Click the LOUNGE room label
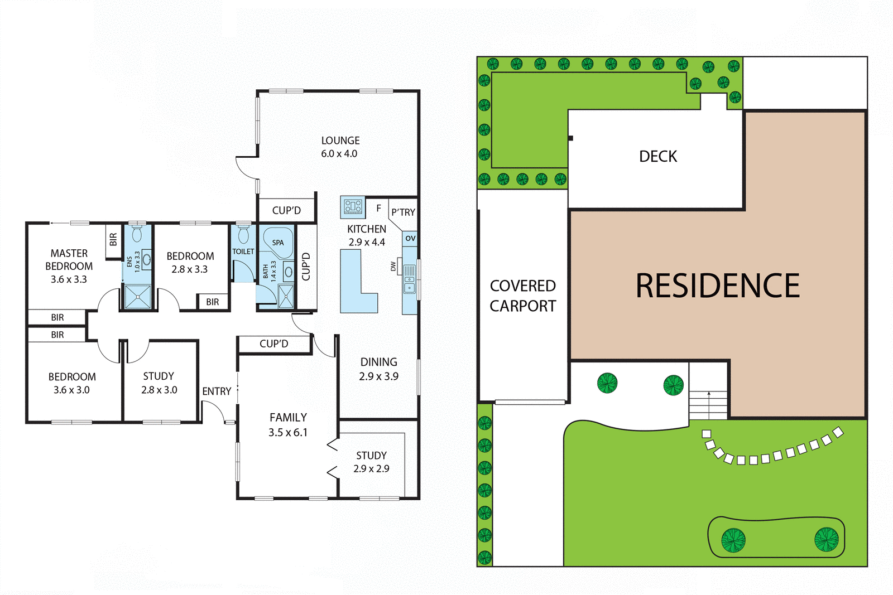(340, 147)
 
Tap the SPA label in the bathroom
(278, 243)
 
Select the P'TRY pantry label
(403, 212)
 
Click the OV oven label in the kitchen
(410, 238)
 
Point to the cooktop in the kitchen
(353, 206)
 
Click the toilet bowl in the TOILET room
(243, 234)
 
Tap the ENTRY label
(217, 391)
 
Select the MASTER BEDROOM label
(69, 266)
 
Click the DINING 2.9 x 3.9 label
(378, 369)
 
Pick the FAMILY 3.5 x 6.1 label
(288, 425)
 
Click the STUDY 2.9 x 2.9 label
(371, 462)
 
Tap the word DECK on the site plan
(658, 157)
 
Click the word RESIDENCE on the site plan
(717, 286)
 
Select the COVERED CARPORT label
(523, 296)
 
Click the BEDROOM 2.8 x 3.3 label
(190, 263)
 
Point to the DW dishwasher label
(393, 267)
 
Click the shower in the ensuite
(137, 297)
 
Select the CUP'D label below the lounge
(286, 210)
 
